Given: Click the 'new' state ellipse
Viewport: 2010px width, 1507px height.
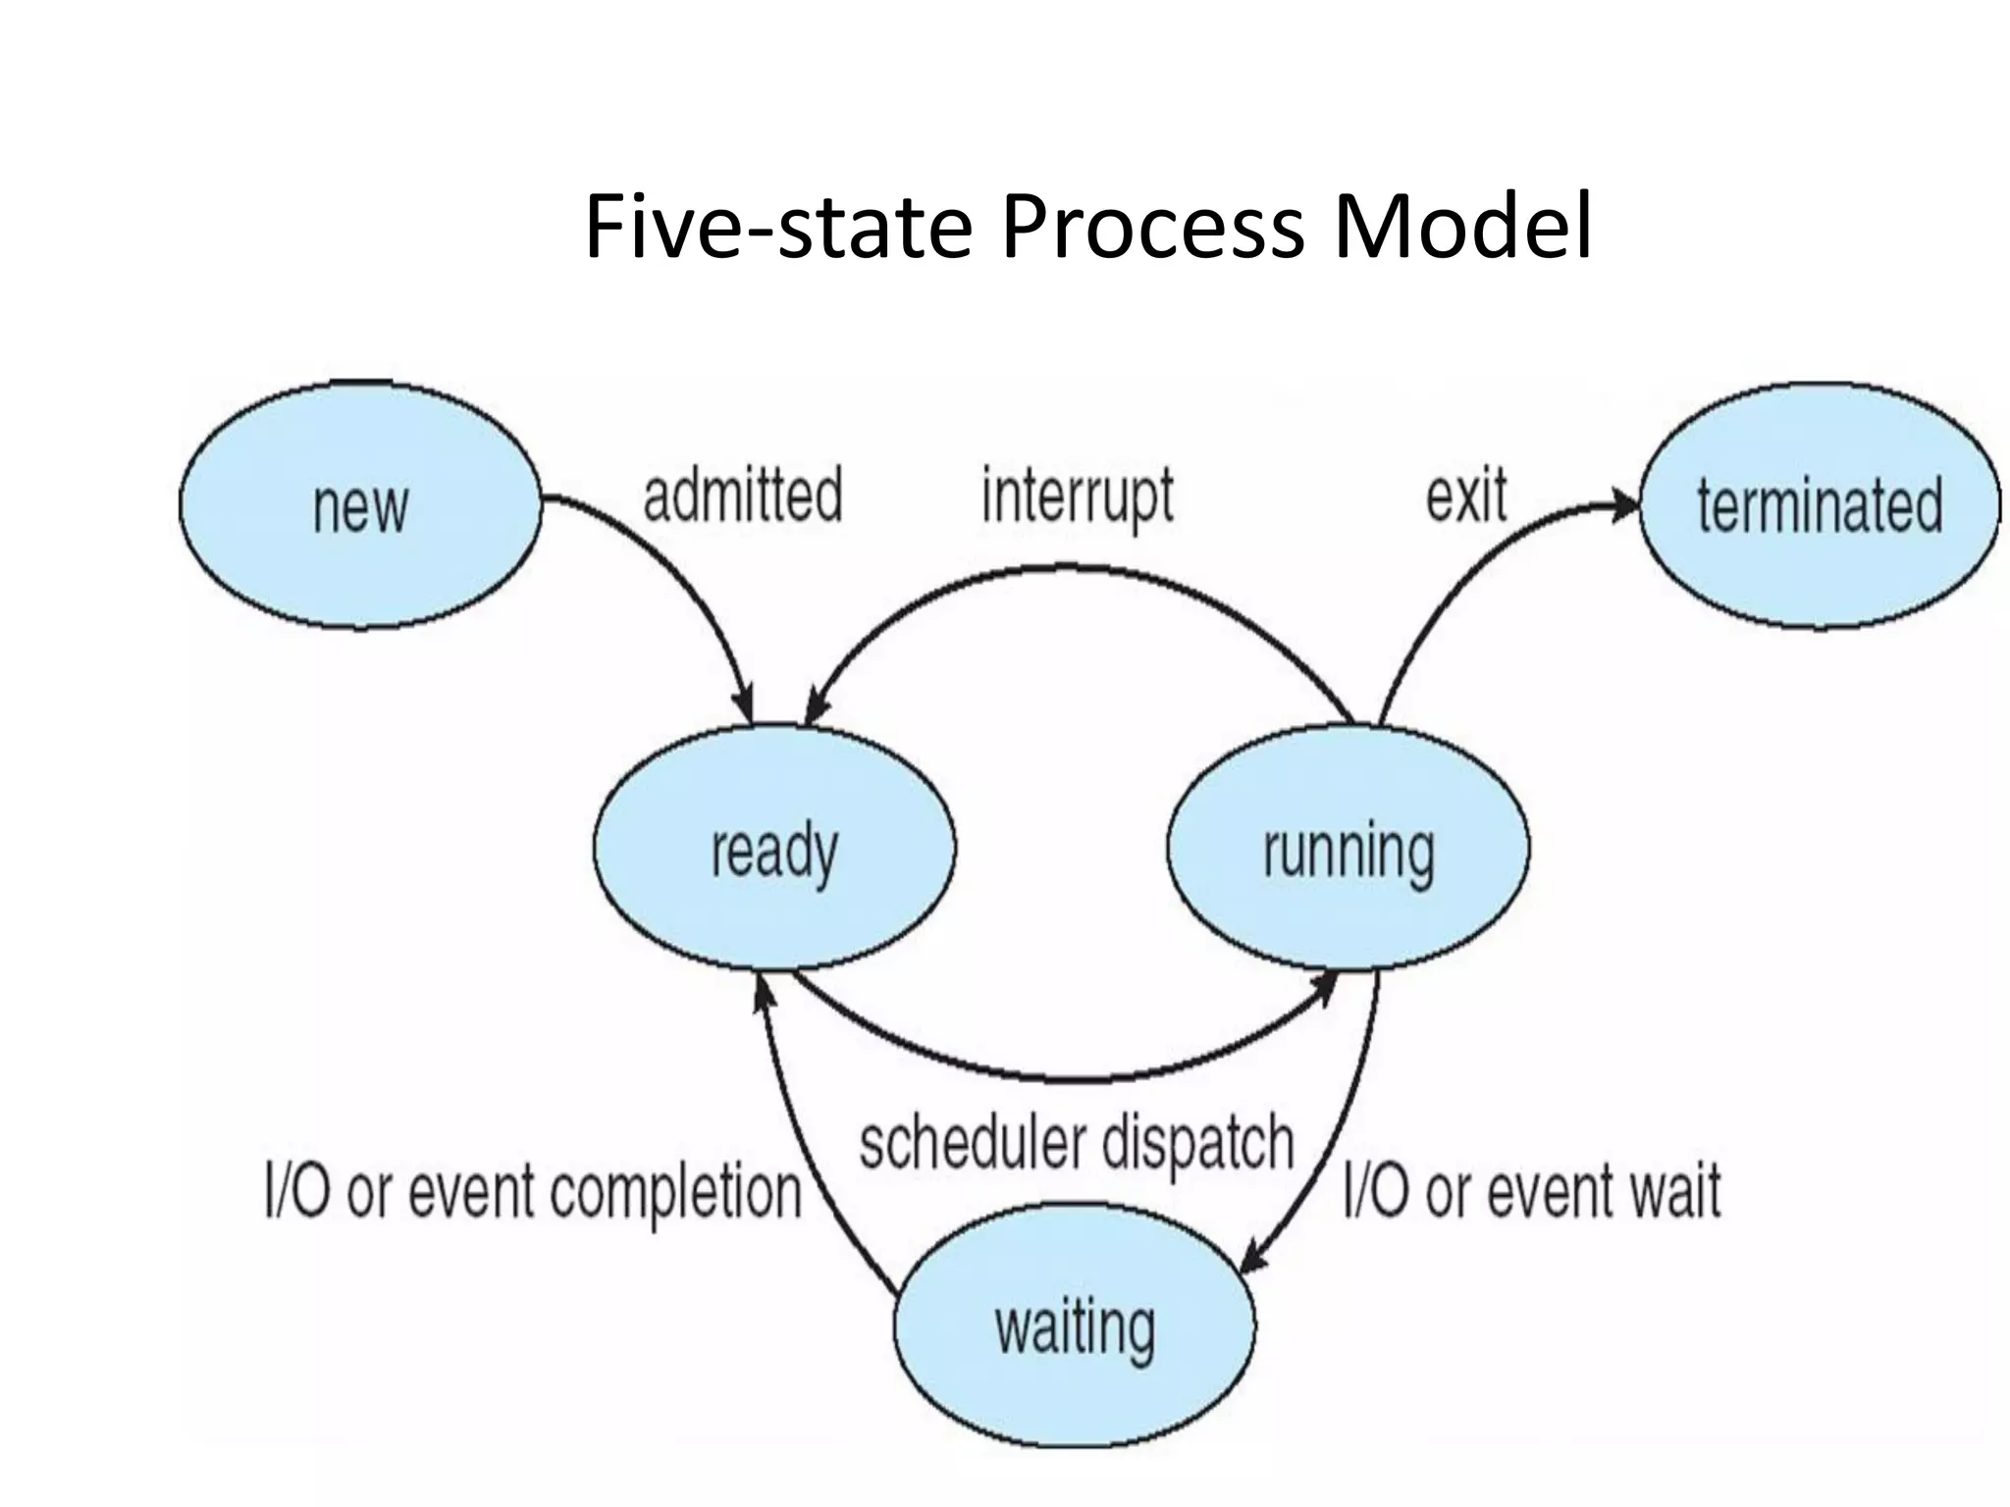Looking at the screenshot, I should pyautogui.click(x=360, y=506).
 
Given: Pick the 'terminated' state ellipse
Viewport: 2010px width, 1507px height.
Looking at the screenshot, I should pyautogui.click(x=1819, y=506).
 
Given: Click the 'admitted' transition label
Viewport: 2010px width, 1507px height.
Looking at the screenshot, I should pyautogui.click(x=743, y=494).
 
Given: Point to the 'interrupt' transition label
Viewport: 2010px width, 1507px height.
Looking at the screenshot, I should pyautogui.click(x=1078, y=496).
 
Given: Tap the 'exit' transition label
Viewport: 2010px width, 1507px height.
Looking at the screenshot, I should pyautogui.click(x=1466, y=496).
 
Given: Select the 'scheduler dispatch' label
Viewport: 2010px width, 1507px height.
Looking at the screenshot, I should pyautogui.click(x=1077, y=1142).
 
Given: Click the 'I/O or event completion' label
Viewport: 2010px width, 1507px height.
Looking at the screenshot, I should pyautogui.click(x=533, y=1192).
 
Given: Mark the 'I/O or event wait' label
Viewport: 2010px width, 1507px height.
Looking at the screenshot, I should pyautogui.click(x=1531, y=1191).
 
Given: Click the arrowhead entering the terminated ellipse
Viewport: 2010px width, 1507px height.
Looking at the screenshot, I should pyautogui.click(x=1624, y=506).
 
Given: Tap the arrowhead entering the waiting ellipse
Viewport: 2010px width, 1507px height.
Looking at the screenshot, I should pyautogui.click(x=1255, y=1260).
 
